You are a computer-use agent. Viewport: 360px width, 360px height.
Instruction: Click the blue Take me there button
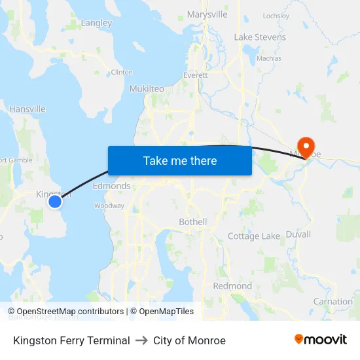pos(180,160)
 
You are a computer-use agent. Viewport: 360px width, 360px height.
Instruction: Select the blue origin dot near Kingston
pos(55,202)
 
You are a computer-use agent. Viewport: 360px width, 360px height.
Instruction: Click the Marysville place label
pos(207,14)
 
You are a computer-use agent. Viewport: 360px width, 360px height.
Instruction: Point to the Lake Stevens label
pos(260,37)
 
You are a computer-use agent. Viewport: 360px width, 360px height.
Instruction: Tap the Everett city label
pos(195,75)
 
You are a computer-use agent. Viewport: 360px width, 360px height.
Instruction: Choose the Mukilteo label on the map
pos(147,88)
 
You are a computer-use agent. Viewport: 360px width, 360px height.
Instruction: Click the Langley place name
pos(96,23)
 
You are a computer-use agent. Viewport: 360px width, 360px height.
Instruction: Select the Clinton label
pos(122,72)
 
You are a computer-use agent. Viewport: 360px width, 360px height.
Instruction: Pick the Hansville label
pos(27,109)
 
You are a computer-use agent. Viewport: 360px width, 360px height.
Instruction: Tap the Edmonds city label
pos(111,186)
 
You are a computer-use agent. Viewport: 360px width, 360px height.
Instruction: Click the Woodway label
pos(109,206)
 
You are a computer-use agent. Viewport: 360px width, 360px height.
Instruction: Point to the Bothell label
pos(192,222)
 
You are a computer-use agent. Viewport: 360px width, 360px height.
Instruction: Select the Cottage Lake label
pos(254,236)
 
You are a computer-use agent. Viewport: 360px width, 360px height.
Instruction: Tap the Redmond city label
pos(232,286)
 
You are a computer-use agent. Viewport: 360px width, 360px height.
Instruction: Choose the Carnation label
pos(333,302)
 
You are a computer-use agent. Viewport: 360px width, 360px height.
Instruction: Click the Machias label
pos(269,58)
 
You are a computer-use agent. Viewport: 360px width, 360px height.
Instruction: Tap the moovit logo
pos(320,339)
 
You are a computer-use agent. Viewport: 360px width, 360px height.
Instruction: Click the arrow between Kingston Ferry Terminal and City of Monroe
pos(141,340)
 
